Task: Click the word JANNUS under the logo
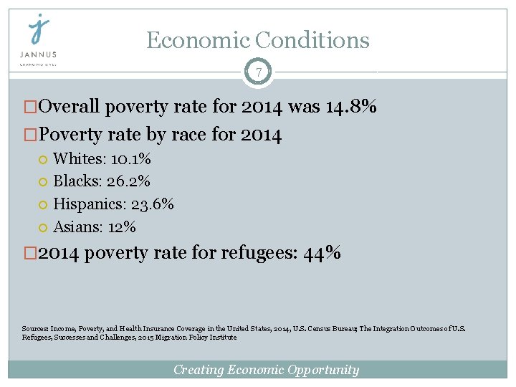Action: coord(38,54)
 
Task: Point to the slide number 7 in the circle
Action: coord(258,72)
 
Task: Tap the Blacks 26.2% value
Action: coord(128,181)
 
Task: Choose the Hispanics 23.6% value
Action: coord(153,204)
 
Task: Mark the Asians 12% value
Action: coord(121,227)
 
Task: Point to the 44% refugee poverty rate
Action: coord(322,253)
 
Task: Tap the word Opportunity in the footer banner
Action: coord(322,370)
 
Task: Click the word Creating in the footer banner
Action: coord(199,370)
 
